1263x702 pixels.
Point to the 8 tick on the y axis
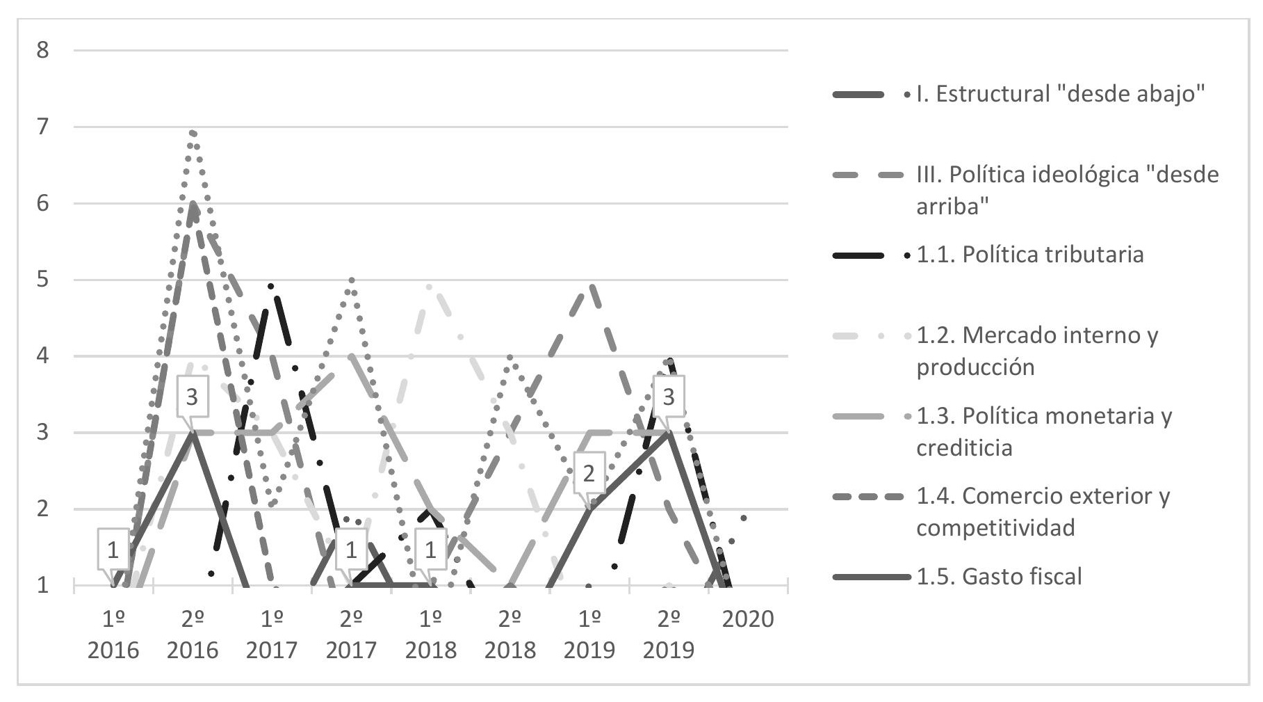point(43,51)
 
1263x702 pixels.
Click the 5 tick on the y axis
point(43,280)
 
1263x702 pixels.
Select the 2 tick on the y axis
point(43,509)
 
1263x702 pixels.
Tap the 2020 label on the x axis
point(748,619)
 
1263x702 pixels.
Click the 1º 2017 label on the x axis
point(272,635)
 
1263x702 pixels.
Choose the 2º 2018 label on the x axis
point(510,635)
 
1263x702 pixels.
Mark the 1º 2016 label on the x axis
point(113,635)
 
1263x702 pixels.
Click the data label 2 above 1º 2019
point(589,474)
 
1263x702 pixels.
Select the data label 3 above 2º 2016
point(192,397)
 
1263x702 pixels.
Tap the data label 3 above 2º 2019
point(669,397)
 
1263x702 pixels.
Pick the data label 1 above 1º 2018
point(430,550)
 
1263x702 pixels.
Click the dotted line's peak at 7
point(193,131)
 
